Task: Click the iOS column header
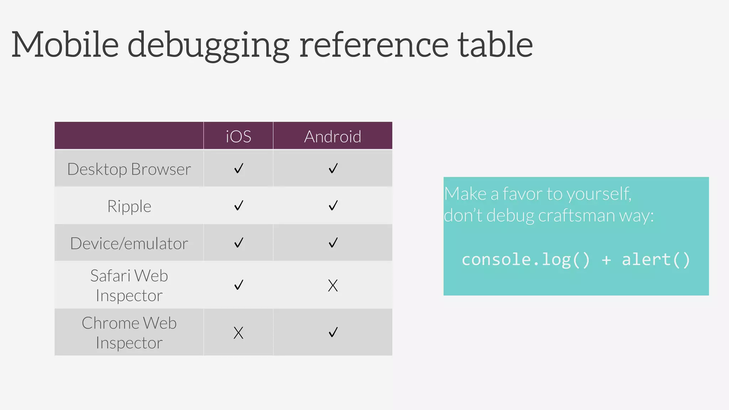click(238, 137)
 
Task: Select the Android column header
click(332, 137)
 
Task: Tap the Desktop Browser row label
click(129, 169)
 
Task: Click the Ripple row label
click(129, 206)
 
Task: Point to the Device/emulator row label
click(129, 244)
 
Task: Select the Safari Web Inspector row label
click(129, 285)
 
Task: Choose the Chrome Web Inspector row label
click(129, 333)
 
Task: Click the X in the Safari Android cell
click(333, 285)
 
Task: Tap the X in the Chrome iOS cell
click(238, 333)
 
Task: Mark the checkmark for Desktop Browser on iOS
click(238, 168)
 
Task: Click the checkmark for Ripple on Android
click(333, 205)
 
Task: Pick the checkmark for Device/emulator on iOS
click(238, 243)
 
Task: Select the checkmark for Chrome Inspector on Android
click(333, 332)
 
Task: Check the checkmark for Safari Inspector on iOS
click(238, 284)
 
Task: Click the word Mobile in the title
click(65, 45)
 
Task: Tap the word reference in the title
click(374, 46)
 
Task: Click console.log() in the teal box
click(526, 259)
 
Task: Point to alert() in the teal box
click(656, 259)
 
